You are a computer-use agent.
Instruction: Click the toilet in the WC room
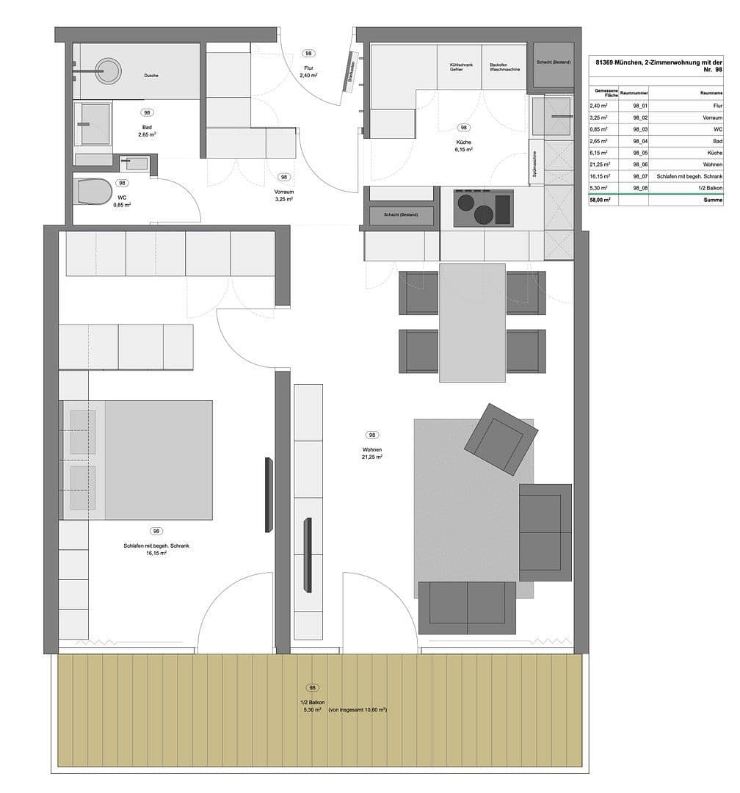click(x=91, y=192)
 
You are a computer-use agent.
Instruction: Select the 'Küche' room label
click(x=463, y=142)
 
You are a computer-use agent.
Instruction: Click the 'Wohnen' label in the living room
click(x=372, y=449)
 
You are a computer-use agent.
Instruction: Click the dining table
click(x=473, y=323)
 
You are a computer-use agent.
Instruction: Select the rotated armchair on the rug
click(x=500, y=439)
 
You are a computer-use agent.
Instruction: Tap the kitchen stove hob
click(x=483, y=209)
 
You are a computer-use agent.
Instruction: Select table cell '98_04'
click(x=633, y=140)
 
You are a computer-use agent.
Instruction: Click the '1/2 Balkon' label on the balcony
click(x=312, y=703)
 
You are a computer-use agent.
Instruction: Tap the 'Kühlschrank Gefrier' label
click(x=460, y=68)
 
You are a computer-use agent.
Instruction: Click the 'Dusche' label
click(x=151, y=76)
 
